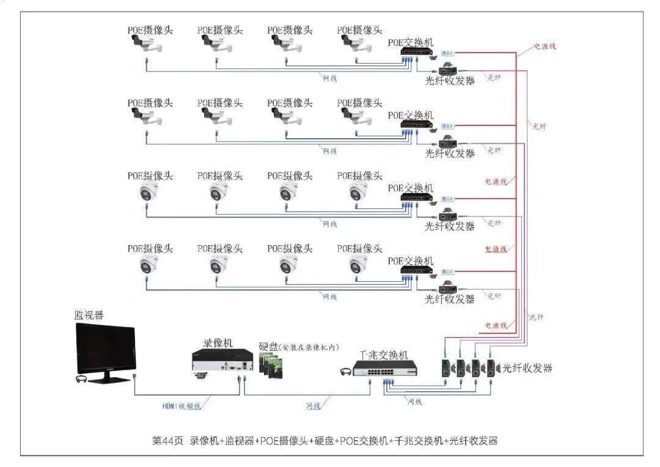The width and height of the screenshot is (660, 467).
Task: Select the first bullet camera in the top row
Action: click(x=145, y=44)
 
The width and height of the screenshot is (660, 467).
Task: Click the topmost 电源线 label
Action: click(x=544, y=46)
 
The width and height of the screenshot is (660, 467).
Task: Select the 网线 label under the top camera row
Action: click(x=329, y=78)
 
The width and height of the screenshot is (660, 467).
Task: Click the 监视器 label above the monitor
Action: click(x=89, y=315)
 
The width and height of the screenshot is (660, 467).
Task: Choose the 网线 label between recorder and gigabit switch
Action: click(x=312, y=406)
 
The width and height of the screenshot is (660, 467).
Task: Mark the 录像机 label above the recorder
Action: click(x=218, y=344)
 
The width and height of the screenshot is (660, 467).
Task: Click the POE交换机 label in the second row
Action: click(x=411, y=115)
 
